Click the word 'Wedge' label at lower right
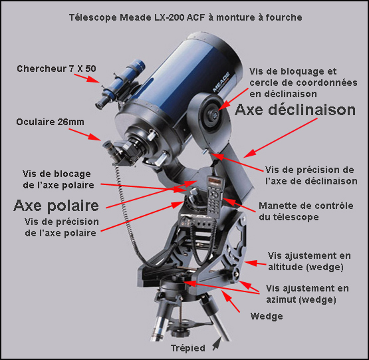click(267, 316)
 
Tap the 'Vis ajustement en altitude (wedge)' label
click(305, 261)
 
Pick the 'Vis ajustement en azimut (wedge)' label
click(307, 294)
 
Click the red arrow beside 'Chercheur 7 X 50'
click(86, 81)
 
